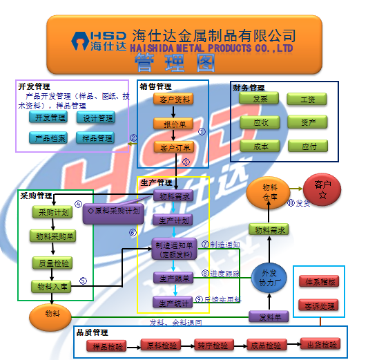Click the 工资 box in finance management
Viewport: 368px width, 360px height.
coord(308,100)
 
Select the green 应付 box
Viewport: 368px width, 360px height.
coord(308,146)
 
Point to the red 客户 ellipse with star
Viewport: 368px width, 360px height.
coord(322,188)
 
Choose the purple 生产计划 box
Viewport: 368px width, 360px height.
coord(173,220)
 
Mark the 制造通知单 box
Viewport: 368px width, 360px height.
coord(173,249)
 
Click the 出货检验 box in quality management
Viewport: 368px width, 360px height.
coord(319,344)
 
